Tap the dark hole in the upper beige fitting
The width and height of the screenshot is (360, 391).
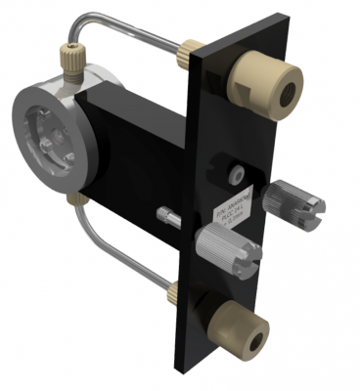tap(287, 95)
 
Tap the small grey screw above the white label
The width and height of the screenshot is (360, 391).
tap(235, 173)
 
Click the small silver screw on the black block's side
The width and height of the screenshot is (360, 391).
tap(167, 212)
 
